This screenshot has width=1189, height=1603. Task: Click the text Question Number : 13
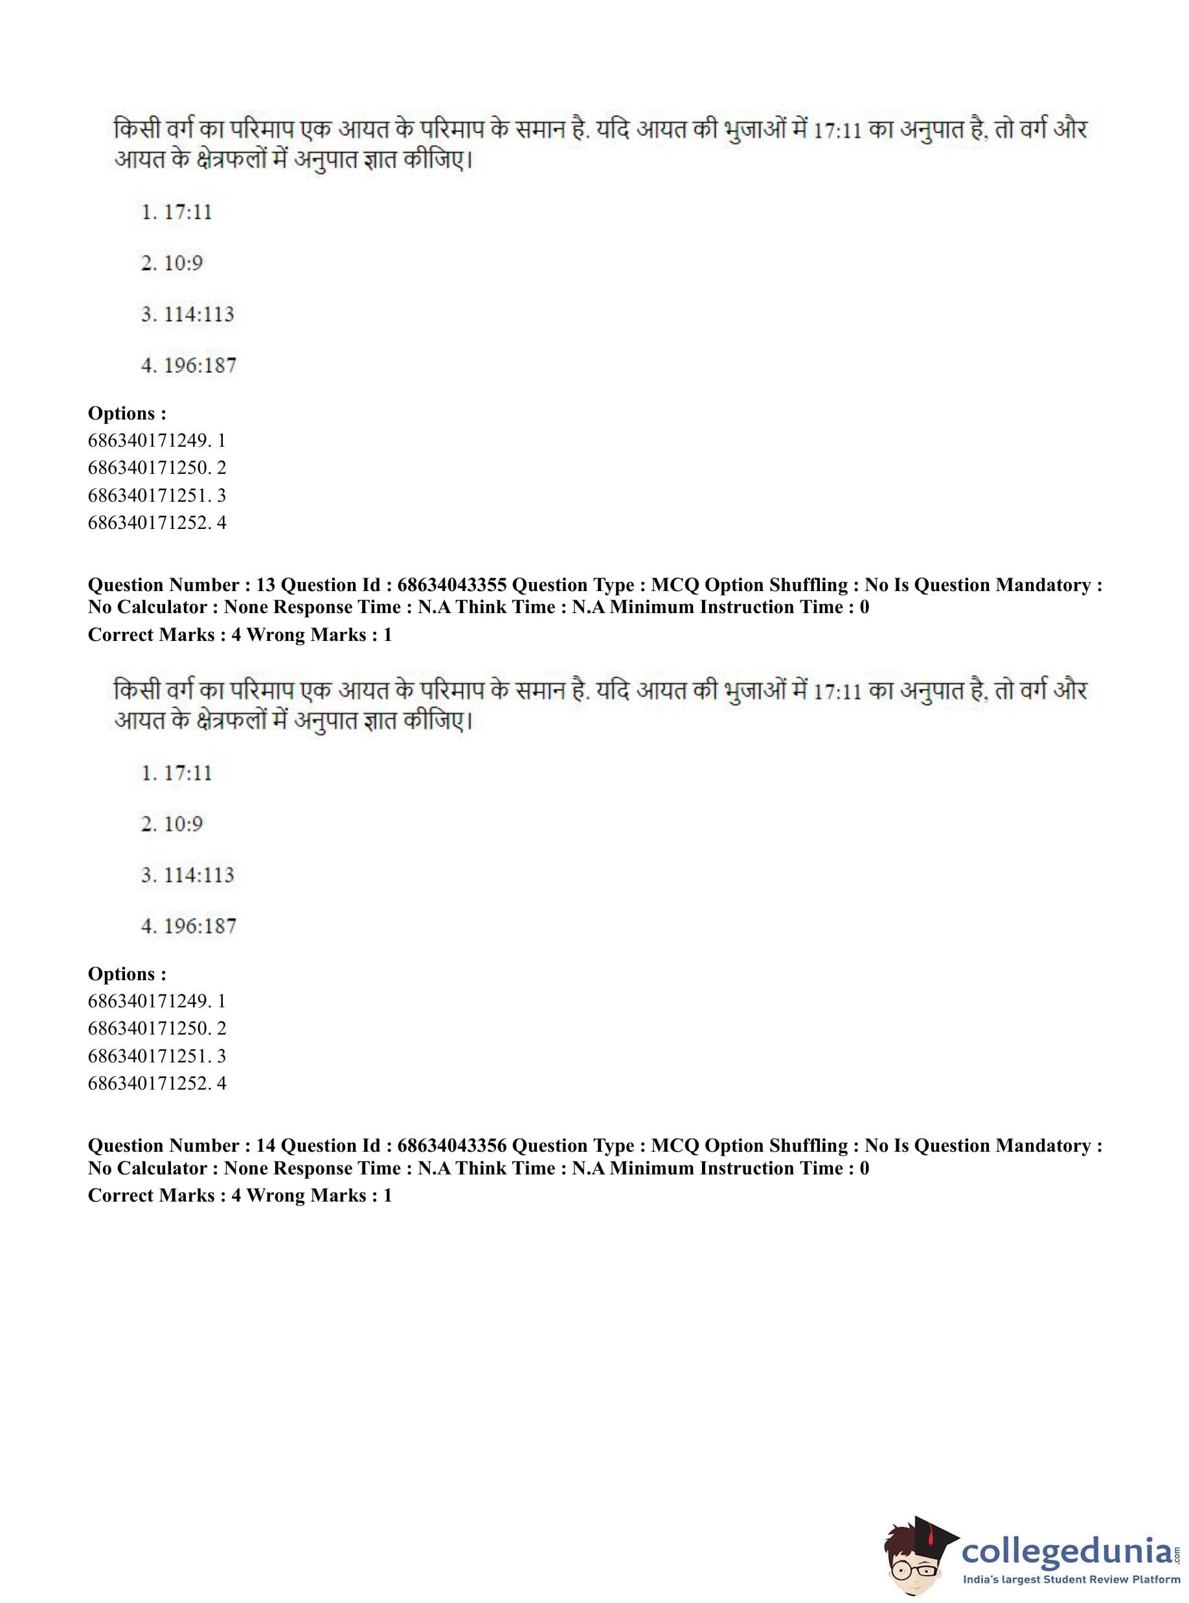coord(181,585)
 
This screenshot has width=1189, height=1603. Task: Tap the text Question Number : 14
coord(181,1145)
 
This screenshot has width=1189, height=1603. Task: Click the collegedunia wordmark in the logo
coord(1067,1551)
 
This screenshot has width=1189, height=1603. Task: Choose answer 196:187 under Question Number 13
coord(188,926)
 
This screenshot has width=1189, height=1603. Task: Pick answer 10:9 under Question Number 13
coord(172,824)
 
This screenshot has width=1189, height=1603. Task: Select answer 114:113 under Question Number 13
coord(188,875)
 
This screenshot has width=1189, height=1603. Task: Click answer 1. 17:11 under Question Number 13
coord(177,774)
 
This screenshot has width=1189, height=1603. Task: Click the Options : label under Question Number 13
coord(127,974)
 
